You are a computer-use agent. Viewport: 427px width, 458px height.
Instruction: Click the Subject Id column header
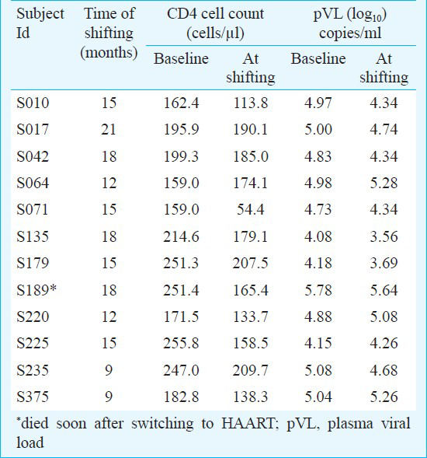(x=40, y=23)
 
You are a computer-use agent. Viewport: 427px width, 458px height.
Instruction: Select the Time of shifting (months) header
(x=109, y=33)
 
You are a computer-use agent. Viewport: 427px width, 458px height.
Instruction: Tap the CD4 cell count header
(x=216, y=23)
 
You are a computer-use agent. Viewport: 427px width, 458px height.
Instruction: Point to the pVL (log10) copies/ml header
(x=350, y=23)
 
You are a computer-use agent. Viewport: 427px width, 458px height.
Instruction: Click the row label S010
(x=33, y=103)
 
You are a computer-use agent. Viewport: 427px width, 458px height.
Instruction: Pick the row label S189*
(x=36, y=290)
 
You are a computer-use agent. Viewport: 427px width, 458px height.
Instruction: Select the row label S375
(x=33, y=397)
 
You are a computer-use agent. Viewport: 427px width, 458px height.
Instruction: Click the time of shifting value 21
(x=109, y=129)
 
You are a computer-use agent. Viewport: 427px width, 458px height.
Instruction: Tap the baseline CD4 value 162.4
(x=181, y=103)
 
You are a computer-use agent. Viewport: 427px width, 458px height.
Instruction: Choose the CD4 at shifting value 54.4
(x=251, y=209)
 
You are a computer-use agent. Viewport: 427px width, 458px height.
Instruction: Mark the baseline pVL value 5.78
(x=318, y=290)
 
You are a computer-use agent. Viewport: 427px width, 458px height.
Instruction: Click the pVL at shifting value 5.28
(x=384, y=184)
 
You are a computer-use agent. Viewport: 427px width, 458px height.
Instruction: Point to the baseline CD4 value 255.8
(x=181, y=343)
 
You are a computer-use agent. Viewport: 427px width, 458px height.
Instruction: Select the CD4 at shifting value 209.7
(x=251, y=370)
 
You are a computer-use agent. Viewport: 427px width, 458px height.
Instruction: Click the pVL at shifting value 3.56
(x=384, y=236)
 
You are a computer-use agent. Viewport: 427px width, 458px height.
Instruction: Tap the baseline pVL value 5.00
(x=318, y=129)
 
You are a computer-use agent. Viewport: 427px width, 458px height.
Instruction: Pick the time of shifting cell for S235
(x=109, y=370)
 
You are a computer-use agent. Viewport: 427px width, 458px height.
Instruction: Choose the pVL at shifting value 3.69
(x=384, y=263)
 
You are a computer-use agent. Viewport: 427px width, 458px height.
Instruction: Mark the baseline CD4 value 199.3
(x=181, y=156)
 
